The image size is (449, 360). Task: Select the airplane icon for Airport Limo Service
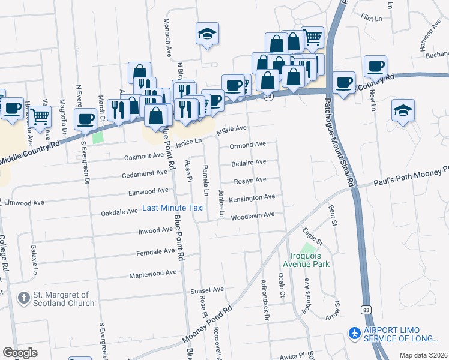click(x=355, y=332)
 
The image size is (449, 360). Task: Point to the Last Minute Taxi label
click(x=173, y=208)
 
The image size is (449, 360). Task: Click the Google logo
click(x=20, y=353)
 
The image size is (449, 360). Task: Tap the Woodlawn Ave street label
click(x=252, y=215)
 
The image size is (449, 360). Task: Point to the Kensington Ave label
click(x=252, y=197)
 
